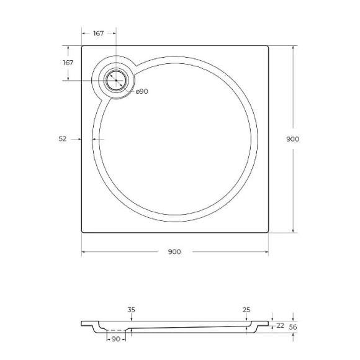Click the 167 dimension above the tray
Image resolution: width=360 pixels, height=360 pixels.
(x=98, y=33)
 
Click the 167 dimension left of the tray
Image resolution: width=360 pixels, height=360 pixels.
(x=68, y=63)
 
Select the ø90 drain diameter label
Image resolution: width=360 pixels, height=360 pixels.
(x=142, y=91)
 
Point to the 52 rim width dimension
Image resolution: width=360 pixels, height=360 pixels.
(x=62, y=139)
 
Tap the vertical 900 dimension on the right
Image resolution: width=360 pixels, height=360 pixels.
(x=293, y=139)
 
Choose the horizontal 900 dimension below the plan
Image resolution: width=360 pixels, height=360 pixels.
(x=174, y=251)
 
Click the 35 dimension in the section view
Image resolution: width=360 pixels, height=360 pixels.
(x=130, y=309)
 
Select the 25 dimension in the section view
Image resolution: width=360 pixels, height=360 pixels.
(x=246, y=309)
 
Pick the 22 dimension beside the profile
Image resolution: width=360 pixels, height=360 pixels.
(x=280, y=326)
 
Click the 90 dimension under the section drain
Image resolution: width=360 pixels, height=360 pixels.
(x=115, y=338)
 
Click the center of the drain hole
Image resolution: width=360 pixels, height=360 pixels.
(x=115, y=81)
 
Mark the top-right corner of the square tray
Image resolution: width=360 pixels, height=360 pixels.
(x=268, y=46)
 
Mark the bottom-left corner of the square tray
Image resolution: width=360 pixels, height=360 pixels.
(x=82, y=232)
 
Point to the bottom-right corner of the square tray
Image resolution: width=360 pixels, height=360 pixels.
(x=268, y=232)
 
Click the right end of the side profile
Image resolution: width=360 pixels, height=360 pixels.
(x=269, y=323)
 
